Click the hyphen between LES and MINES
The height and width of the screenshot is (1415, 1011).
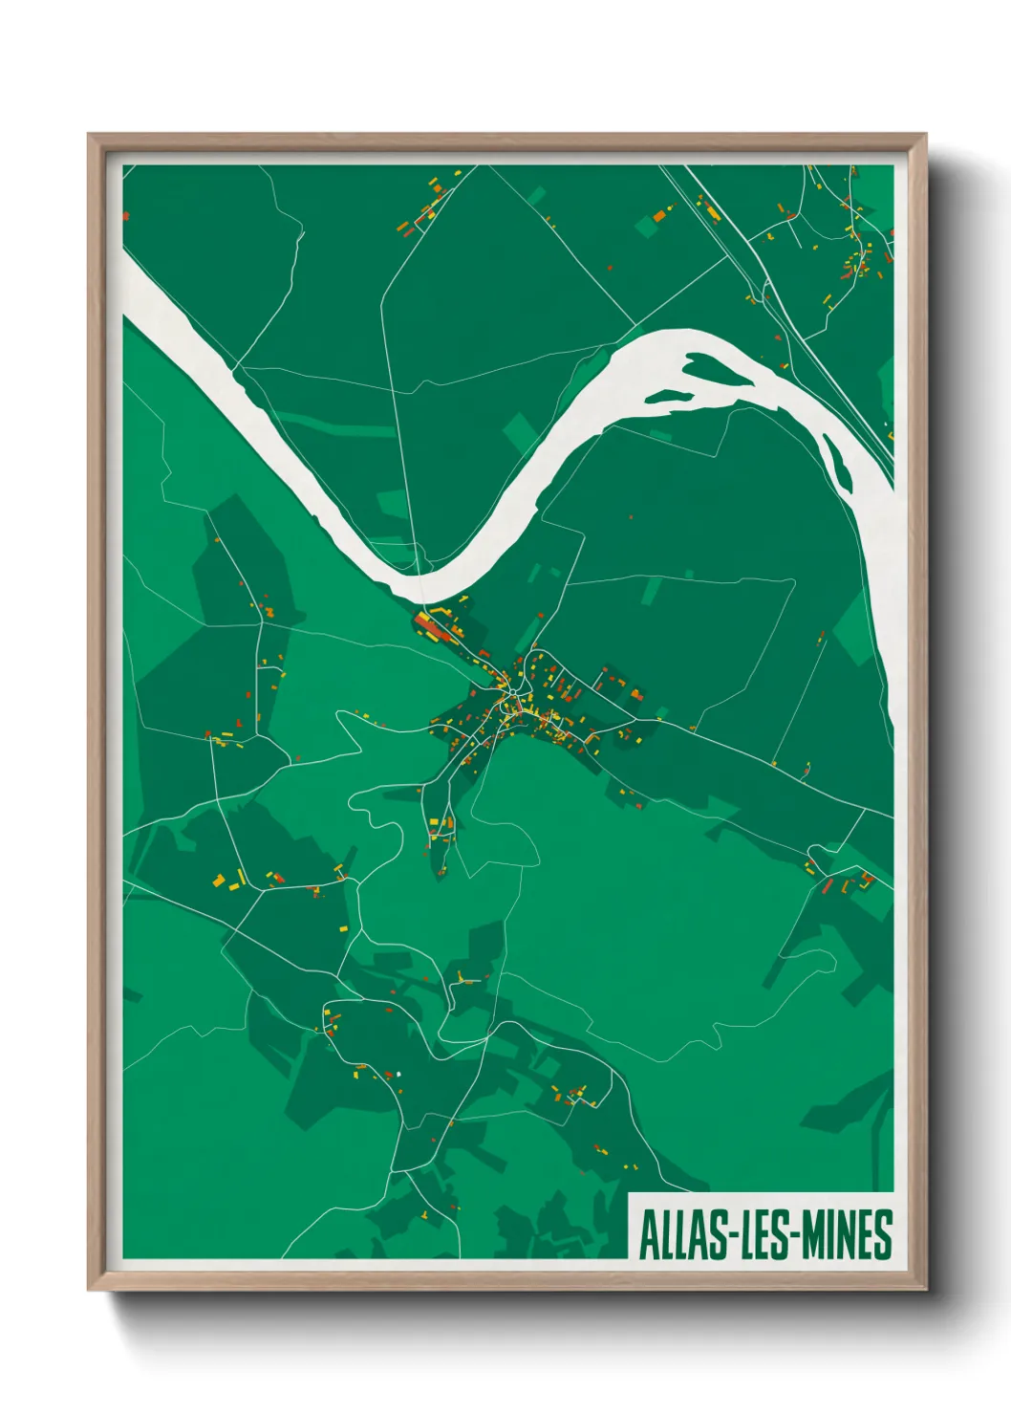[x=795, y=1236]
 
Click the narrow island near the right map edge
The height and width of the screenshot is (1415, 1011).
[x=836, y=459]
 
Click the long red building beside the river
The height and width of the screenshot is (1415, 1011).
[x=432, y=627]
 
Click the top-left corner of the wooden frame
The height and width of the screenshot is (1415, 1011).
[x=89, y=135]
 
